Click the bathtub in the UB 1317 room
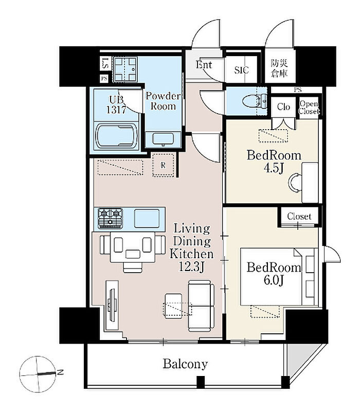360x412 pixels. coord(116,136)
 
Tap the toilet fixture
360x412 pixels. coord(254,101)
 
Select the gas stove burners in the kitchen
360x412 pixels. coord(111,218)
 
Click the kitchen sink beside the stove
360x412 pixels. coord(147,218)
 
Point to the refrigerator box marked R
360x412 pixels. coord(164,165)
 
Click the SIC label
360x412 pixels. coord(241,70)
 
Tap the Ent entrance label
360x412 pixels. coord(204,65)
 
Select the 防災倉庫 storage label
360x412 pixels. coord(279,68)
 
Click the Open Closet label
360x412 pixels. coord(309,108)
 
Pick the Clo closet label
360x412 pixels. coord(283,106)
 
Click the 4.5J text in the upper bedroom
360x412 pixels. coord(274,168)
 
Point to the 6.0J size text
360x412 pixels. coord(274,280)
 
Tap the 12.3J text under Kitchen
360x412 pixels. coord(191,267)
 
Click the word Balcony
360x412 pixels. coord(185,365)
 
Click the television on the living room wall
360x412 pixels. coord(113,304)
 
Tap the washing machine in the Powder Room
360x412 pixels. coord(126,69)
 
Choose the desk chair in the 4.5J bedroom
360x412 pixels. coord(294,182)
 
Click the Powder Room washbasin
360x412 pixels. coord(163,139)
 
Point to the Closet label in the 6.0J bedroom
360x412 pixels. coord(299,217)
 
